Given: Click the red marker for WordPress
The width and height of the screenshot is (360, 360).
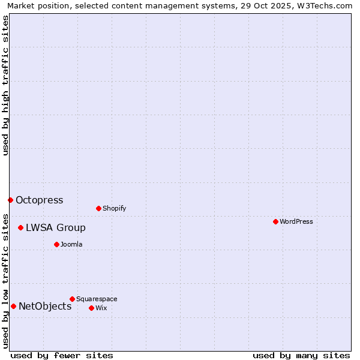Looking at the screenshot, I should (275, 221).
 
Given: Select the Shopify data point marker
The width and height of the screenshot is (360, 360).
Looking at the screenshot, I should (98, 208).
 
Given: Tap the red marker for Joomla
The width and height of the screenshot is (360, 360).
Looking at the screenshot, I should (56, 244).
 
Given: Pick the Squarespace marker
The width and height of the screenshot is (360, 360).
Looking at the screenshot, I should (72, 299).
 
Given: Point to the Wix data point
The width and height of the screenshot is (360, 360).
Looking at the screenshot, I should (91, 308).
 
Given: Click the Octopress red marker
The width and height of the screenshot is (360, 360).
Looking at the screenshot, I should (10, 200).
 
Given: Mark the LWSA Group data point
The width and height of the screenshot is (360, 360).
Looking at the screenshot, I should (20, 227).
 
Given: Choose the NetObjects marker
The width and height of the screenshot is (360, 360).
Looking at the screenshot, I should (13, 306).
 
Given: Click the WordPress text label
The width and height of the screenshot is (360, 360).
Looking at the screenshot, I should (296, 221).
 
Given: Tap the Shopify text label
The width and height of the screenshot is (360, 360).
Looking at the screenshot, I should (114, 208).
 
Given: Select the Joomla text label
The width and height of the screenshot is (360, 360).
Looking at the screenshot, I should (71, 244).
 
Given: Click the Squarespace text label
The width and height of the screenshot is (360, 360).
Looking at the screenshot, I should (97, 299).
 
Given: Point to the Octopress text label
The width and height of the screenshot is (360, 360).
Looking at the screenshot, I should (39, 200).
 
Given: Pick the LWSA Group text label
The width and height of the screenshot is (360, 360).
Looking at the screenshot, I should (55, 227).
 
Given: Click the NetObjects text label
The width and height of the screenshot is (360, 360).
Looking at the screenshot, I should (45, 306).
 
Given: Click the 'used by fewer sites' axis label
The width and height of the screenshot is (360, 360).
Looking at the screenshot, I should (62, 355).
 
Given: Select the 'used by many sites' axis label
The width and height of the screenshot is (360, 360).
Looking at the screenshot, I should (301, 355).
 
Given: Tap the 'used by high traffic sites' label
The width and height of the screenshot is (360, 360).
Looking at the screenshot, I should (5, 86).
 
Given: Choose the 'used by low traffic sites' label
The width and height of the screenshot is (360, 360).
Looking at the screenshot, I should (5, 281).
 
